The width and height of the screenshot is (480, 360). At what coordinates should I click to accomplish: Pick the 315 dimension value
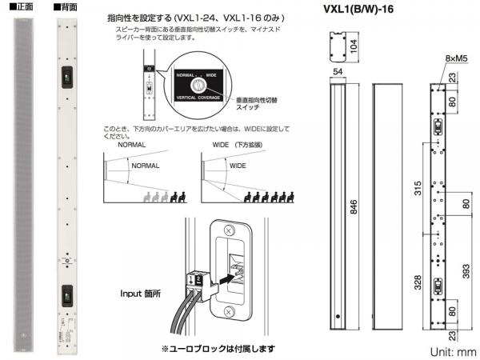pyautogui.click(x=416, y=188)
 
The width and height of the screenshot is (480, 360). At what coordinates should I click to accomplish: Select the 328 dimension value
pyautogui.click(x=416, y=282)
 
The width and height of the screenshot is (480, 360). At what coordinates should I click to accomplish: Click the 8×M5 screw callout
pyautogui.click(x=456, y=58)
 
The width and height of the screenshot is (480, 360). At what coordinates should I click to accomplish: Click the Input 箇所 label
pyautogui.click(x=139, y=294)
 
